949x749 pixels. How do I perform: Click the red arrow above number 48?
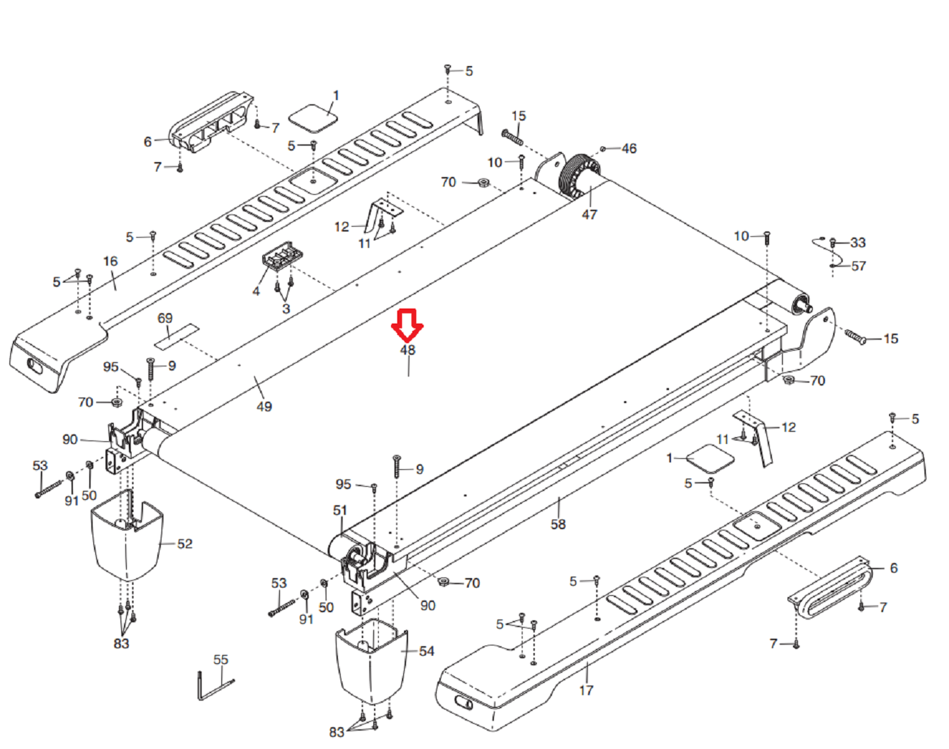point(407,325)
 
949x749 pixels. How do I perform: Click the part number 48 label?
point(407,350)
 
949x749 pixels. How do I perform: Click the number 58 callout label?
point(558,524)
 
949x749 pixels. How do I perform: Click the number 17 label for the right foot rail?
point(587,690)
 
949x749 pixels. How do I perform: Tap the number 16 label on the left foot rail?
point(110,261)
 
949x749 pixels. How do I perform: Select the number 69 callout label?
point(165,318)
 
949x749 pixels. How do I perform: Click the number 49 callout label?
point(264,407)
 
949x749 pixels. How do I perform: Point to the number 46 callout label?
point(629,148)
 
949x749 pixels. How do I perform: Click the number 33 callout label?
point(858,242)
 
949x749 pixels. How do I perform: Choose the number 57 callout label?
point(858,266)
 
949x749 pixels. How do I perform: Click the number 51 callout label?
point(340,510)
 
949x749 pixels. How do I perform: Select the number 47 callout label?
point(589,214)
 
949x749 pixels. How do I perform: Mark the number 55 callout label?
point(221,660)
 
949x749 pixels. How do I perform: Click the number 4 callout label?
point(256,291)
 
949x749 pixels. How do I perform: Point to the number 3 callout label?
point(286,308)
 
